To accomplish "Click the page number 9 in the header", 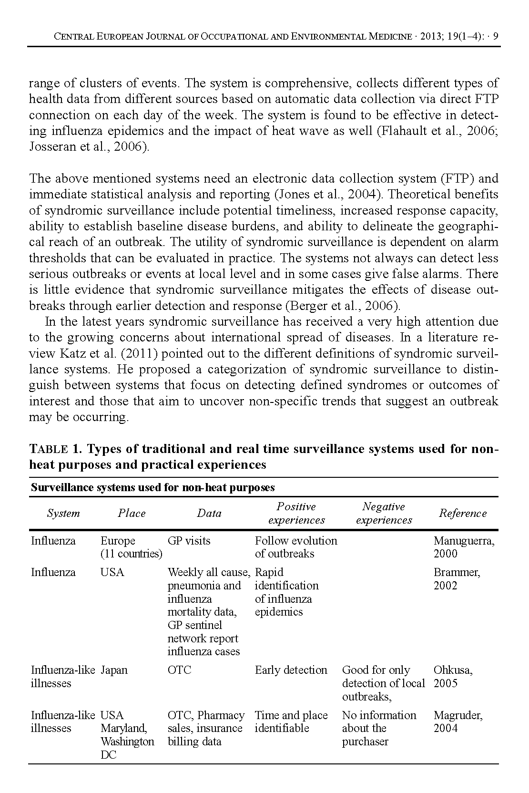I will coord(496,36).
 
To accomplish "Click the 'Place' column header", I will coord(132,513).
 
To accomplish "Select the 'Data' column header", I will coord(209,513).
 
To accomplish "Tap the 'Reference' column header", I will coord(462,513).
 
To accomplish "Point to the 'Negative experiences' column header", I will coord(384,513).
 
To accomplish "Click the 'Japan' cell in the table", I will coord(114,670).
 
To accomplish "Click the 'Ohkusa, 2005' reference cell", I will coord(453,677).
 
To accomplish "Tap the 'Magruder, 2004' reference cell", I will coord(458,721).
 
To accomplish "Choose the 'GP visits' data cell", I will coord(189,541).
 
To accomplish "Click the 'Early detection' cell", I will coord(291,670).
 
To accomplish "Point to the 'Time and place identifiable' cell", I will coord(291,721).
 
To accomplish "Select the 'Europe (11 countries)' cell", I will coord(131,547).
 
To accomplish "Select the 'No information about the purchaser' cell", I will coord(379,728).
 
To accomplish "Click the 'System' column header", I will coord(63,513).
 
